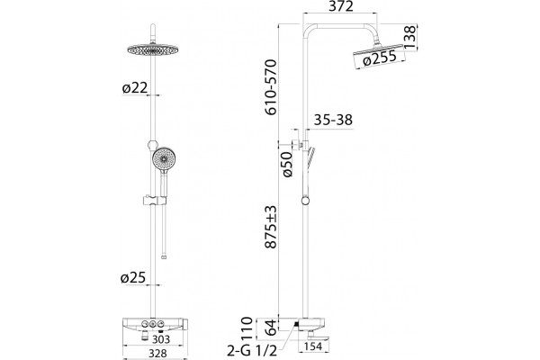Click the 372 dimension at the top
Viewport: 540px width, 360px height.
340,6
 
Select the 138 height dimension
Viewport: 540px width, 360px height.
409,37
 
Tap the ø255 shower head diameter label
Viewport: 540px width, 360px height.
380,58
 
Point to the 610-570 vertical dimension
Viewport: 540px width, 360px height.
271,87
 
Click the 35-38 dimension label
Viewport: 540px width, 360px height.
333,120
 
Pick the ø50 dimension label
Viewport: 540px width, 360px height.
287,165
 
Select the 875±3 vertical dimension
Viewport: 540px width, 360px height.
271,227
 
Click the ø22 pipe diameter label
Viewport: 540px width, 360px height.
135,88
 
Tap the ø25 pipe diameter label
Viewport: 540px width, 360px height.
133,278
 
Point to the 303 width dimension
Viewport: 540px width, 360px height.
161,339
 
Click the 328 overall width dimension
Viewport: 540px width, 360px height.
157,354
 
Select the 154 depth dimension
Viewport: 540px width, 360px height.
313,346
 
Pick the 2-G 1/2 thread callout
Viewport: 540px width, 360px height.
252,351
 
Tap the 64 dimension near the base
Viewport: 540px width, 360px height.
272,328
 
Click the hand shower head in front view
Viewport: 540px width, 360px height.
164,160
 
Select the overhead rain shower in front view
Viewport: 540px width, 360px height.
153,50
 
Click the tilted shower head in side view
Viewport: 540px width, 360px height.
378,50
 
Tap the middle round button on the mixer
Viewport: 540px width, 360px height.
153,324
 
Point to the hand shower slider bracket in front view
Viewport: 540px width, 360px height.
155,200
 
